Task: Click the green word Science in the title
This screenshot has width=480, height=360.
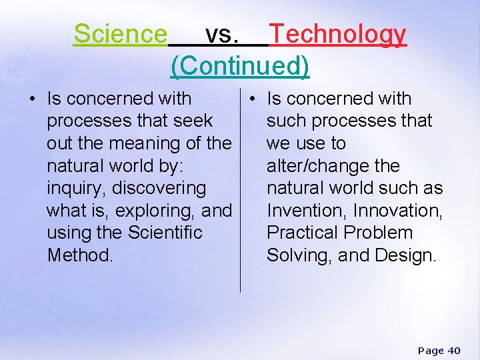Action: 120,33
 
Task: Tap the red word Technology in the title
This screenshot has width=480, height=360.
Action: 337,33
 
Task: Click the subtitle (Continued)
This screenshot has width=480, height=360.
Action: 240,65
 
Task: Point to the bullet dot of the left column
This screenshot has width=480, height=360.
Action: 31,99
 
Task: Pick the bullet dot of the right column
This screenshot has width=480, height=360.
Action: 253,99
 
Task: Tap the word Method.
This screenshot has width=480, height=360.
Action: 80,255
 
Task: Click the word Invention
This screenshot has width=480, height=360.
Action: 306,211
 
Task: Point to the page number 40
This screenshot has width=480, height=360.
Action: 453,351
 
